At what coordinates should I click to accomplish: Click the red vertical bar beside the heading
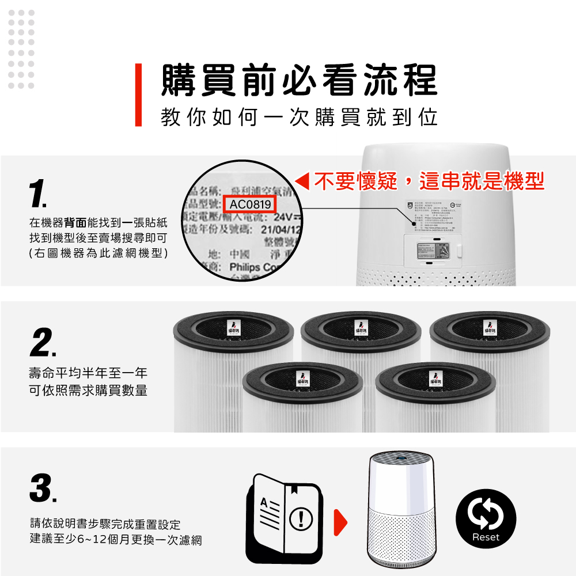pos(138,94)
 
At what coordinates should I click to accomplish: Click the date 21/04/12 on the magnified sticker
pos(273,230)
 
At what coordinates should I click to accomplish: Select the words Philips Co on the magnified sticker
pos(253,268)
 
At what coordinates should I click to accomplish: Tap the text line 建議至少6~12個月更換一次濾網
pos(116,540)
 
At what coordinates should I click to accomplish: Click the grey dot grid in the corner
pos(22,49)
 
